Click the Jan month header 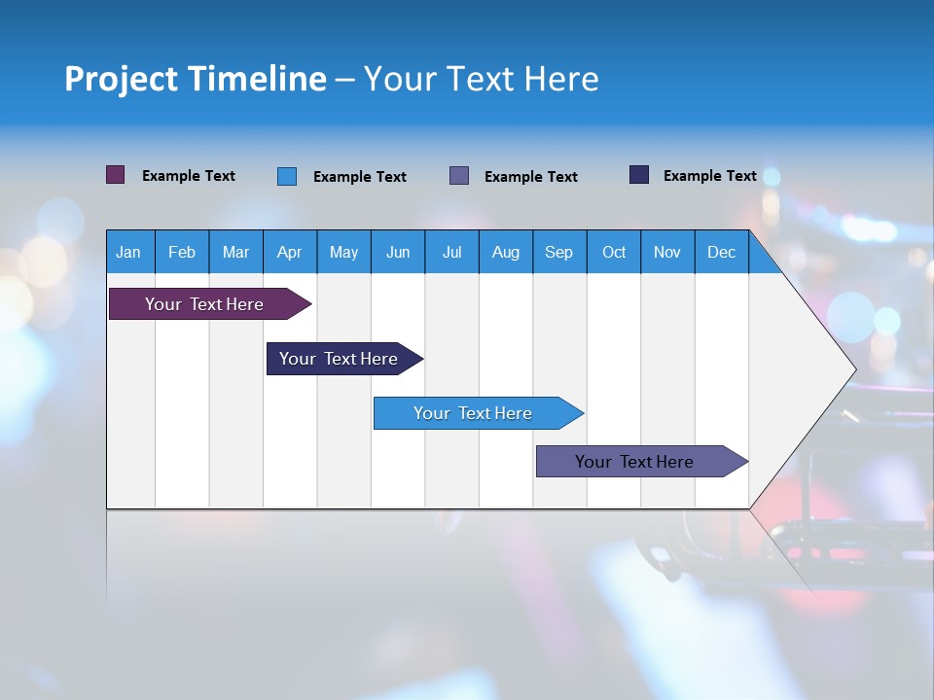[128, 252]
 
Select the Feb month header [182, 252]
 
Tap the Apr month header [289, 252]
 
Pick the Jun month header [398, 252]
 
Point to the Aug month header [505, 252]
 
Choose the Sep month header [558, 252]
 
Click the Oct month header [614, 252]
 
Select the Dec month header [721, 252]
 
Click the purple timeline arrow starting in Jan [204, 304]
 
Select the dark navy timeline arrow [339, 359]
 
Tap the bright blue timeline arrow [473, 413]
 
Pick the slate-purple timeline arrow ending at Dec [634, 462]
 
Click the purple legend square [116, 175]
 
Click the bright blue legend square [287, 176]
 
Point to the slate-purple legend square [459, 176]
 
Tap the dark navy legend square [639, 175]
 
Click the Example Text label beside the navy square [709, 176]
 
